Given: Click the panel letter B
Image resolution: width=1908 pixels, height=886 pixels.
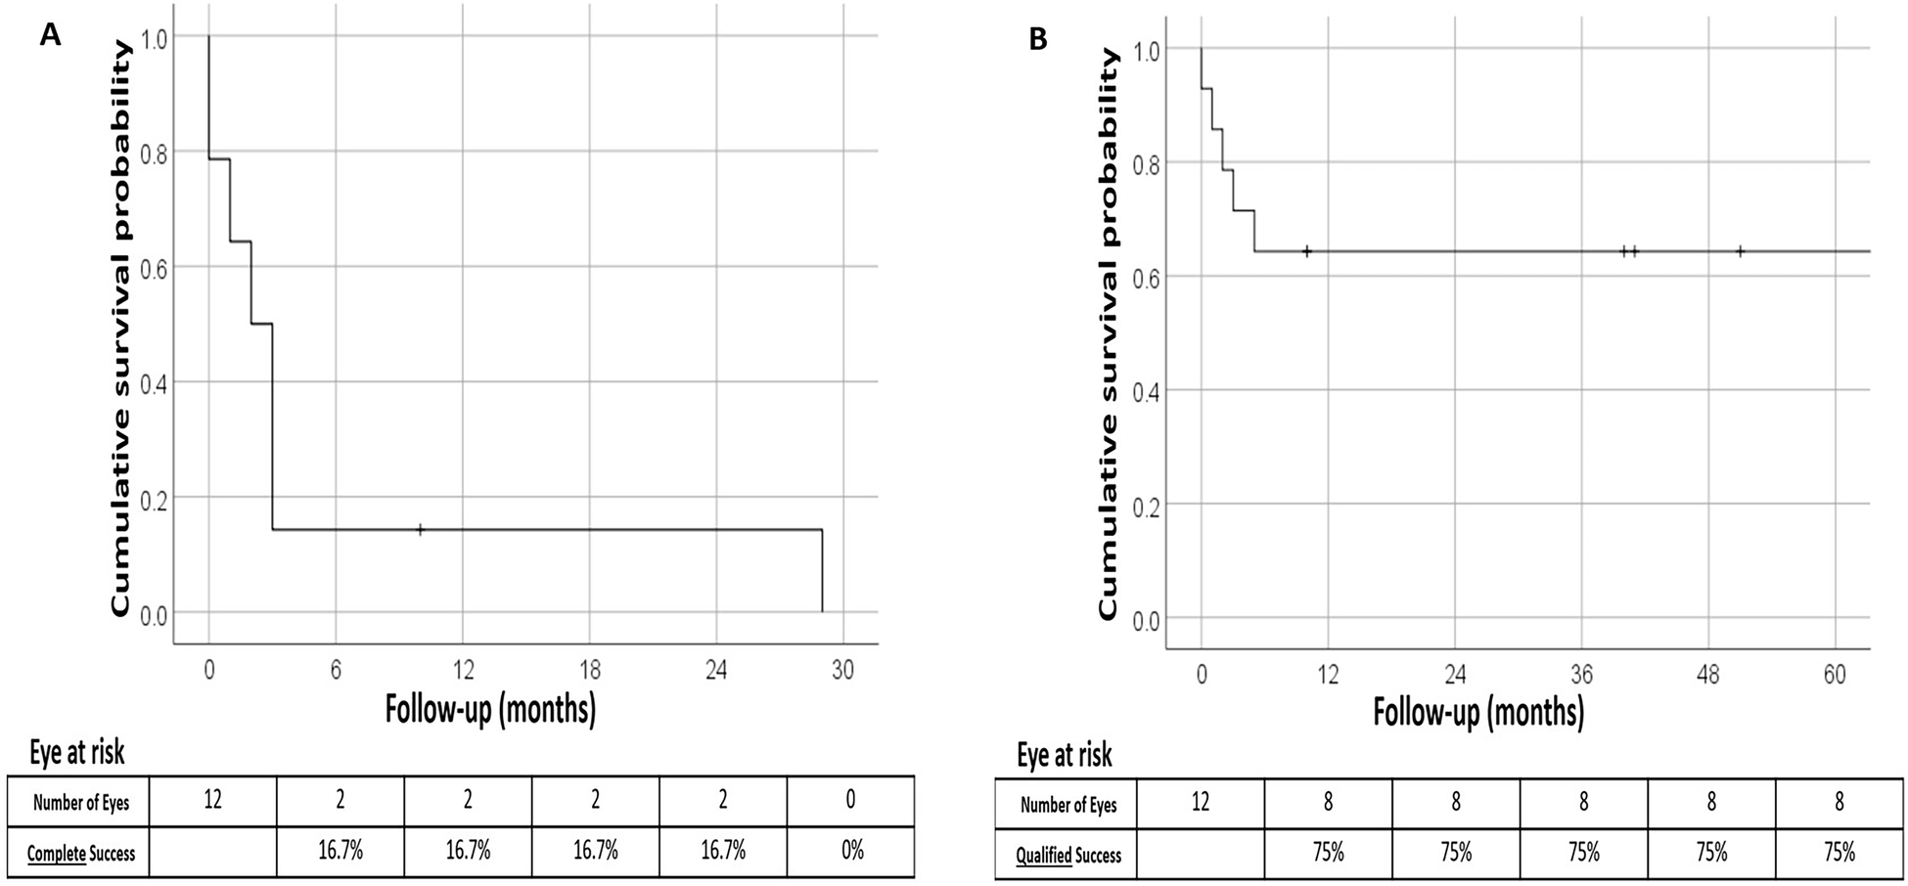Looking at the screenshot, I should [x=1038, y=39].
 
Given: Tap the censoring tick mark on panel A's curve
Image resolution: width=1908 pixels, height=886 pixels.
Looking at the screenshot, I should [x=421, y=529].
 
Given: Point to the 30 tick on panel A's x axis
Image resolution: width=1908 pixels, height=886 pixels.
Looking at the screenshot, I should [x=842, y=670].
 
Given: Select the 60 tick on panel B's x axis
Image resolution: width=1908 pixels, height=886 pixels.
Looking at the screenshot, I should [x=1835, y=675].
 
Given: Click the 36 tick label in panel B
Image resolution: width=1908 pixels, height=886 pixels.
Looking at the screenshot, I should [x=1581, y=675].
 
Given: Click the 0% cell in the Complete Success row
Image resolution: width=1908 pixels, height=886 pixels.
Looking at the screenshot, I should [x=851, y=851].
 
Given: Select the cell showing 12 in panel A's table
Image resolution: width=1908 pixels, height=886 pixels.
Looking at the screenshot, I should [x=212, y=801].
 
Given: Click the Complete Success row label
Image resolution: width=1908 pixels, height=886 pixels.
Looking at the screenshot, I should [x=80, y=854].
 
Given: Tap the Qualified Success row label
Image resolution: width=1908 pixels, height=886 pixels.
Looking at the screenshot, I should [x=1068, y=856].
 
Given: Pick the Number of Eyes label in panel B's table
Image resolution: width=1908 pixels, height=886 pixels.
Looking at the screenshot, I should [x=1068, y=806].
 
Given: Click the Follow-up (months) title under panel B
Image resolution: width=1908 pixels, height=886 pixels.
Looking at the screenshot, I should [x=1477, y=711].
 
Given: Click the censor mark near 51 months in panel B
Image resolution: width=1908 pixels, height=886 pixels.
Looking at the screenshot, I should [x=1740, y=251].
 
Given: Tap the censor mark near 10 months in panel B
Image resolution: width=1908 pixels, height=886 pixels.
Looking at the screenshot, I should [x=1306, y=251].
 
